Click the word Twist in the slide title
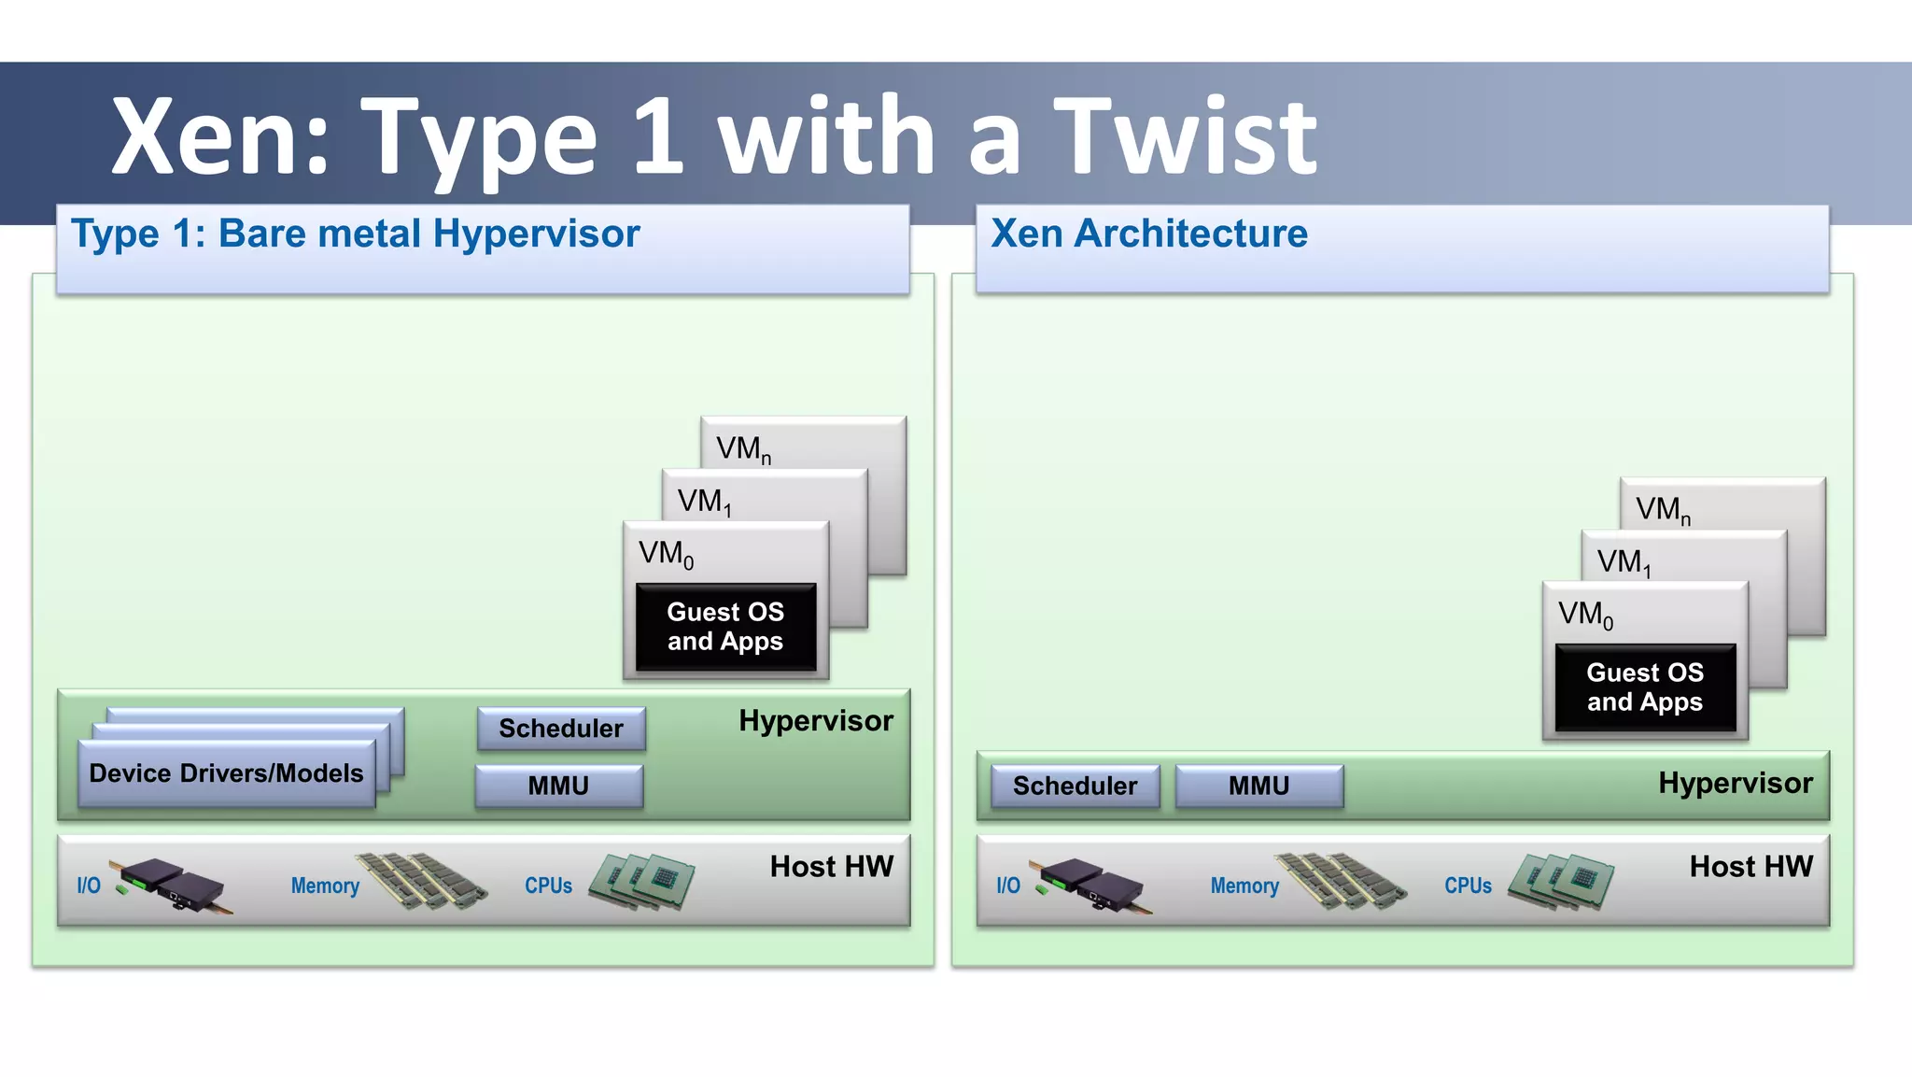point(1185,138)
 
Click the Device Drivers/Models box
point(226,773)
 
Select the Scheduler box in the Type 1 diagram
point(561,729)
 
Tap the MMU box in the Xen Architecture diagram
point(1258,786)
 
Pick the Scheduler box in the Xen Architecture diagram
point(1075,786)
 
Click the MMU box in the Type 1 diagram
point(558,786)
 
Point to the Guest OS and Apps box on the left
point(725,627)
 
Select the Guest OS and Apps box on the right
point(1645,687)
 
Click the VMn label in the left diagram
point(743,449)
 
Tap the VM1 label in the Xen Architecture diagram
point(1624,562)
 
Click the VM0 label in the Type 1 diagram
point(666,554)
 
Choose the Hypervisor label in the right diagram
point(1735,783)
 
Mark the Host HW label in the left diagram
point(831,867)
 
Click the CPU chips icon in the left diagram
point(643,880)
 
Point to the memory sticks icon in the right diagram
point(1341,880)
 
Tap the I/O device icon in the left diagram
point(170,884)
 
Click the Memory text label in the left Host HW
point(325,886)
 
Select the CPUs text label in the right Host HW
point(1468,886)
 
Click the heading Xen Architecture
point(1148,234)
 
